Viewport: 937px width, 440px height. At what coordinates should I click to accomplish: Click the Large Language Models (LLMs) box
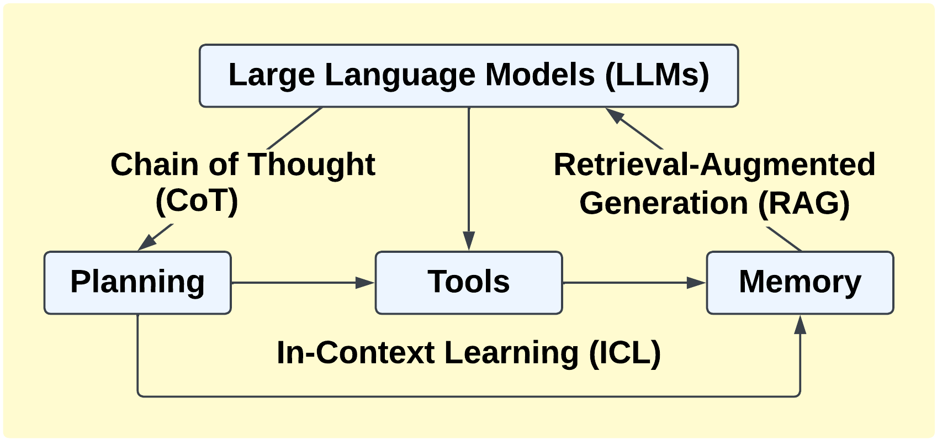pyautogui.click(x=469, y=76)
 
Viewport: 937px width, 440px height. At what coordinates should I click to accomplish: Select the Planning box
pyautogui.click(x=137, y=283)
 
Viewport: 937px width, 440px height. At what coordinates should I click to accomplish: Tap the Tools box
pyautogui.click(x=469, y=283)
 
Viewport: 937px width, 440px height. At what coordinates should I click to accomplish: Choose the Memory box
pyautogui.click(x=800, y=283)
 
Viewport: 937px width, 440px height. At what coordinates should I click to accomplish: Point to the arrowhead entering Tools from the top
pyautogui.click(x=469, y=241)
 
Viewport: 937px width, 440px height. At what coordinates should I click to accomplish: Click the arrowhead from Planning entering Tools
pyautogui.click(x=365, y=283)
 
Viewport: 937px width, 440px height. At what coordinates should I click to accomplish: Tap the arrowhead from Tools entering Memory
pyautogui.click(x=696, y=283)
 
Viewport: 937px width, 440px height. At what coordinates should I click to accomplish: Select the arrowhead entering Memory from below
pyautogui.click(x=800, y=325)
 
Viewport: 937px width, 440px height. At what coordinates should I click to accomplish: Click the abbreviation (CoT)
pyautogui.click(x=197, y=201)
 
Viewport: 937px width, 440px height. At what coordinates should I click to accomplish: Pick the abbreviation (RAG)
pyautogui.click(x=804, y=203)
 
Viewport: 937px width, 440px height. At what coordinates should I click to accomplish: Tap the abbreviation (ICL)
pyautogui.click(x=625, y=353)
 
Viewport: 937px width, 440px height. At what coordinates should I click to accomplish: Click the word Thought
pyautogui.click(x=311, y=165)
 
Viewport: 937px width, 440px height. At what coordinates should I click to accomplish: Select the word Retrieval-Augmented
pyautogui.click(x=714, y=165)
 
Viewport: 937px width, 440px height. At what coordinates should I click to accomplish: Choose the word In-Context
pyautogui.click(x=356, y=353)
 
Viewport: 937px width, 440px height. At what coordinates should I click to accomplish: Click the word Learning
pyautogui.click(x=511, y=353)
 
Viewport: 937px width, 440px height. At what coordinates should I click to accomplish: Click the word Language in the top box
pyautogui.click(x=400, y=75)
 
